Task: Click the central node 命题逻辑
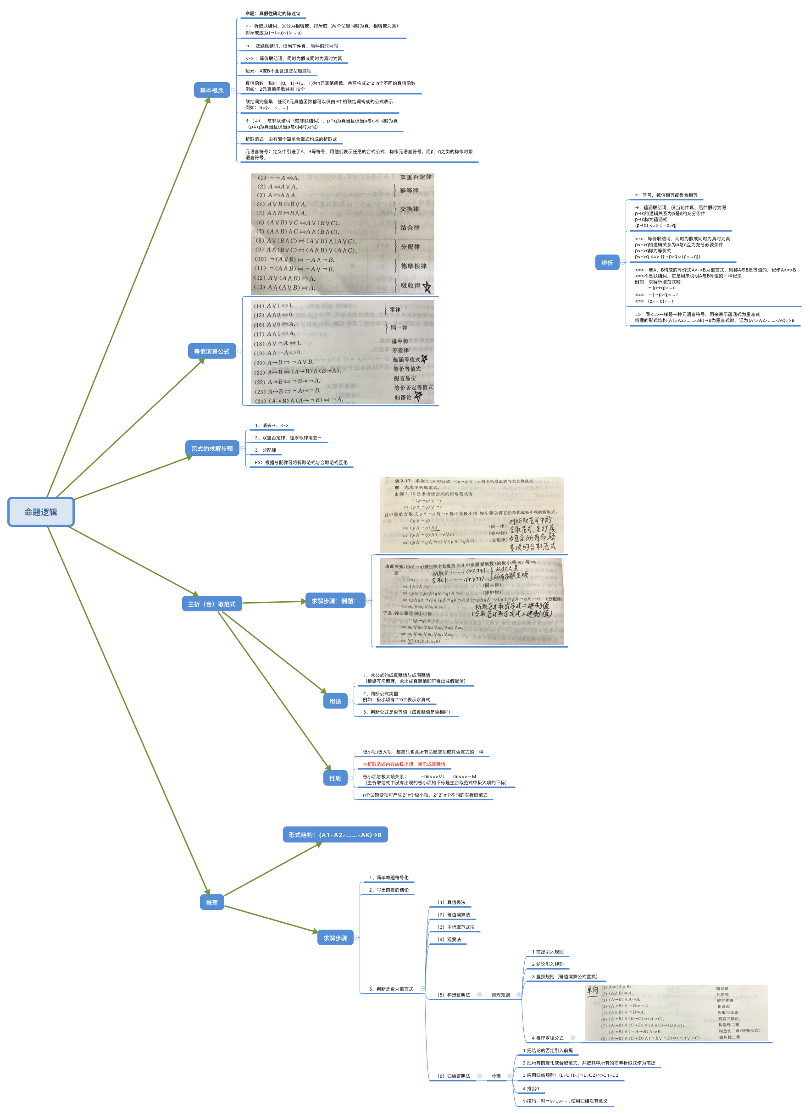pos(41,512)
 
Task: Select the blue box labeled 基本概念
pos(212,90)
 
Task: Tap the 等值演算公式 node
pos(212,351)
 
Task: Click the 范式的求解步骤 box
pos(212,449)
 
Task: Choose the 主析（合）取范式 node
pos(212,604)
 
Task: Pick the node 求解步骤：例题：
pos(334,600)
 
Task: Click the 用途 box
pos(335,701)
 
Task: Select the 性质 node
pos(335,778)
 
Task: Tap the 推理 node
pos(212,902)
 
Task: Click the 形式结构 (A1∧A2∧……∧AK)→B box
pos(335,835)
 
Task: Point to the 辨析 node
pos(607,263)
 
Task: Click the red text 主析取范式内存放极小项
pos(404,764)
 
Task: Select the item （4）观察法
pos(449,939)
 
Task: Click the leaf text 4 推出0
pos(531,1088)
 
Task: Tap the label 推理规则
pos(500,995)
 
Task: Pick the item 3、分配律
pos(265,450)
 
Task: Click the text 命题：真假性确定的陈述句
pos(272,13)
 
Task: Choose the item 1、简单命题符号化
pos(388,877)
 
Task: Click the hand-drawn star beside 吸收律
pos(427,287)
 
